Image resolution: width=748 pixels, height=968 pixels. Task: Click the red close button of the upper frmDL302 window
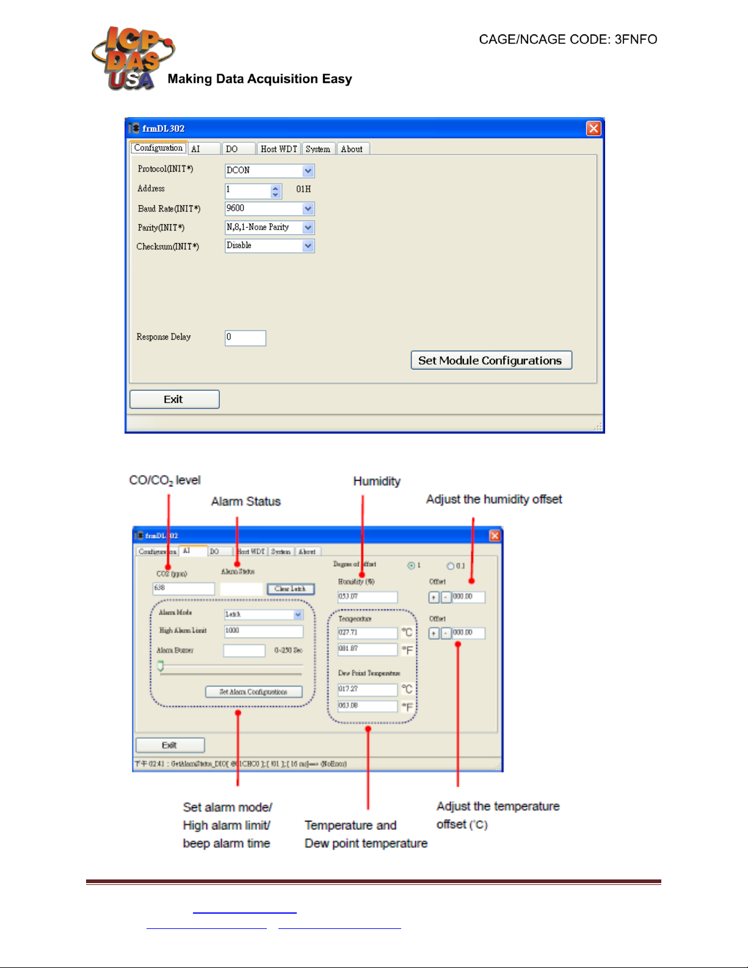coord(593,128)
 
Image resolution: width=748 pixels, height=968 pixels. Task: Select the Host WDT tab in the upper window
coord(278,149)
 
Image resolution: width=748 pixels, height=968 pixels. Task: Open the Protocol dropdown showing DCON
coord(269,170)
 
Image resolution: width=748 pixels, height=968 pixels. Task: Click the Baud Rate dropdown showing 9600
coord(269,209)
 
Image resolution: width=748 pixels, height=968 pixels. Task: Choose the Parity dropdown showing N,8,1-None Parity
coord(269,227)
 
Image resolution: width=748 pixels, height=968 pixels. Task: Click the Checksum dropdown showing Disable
coord(269,246)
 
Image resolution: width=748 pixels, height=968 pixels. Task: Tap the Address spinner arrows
coord(275,191)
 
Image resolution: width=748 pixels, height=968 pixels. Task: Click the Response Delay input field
coord(245,338)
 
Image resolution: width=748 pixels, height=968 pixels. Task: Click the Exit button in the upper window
coord(174,399)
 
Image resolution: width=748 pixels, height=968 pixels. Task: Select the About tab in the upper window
coord(352,149)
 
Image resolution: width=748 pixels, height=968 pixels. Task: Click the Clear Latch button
coord(291,589)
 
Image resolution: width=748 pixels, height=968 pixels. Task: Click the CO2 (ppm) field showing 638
coord(183,588)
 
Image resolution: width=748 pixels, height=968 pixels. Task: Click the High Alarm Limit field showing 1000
coord(263,631)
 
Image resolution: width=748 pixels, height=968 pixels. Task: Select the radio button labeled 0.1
coord(451,566)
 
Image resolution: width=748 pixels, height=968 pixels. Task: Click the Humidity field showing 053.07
coord(367,597)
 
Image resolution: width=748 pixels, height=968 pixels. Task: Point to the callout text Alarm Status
coord(245,501)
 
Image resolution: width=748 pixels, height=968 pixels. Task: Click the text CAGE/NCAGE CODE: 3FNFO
coord(568,40)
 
